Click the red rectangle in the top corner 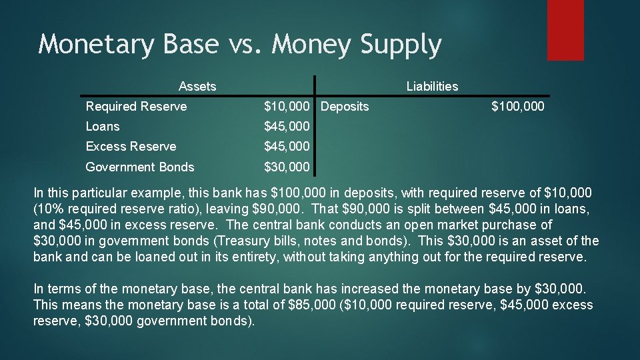point(565,29)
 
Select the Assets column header point(197,86)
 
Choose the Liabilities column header point(432,86)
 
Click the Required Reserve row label point(136,107)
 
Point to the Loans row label point(103,127)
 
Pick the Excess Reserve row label point(131,147)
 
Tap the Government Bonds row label point(140,167)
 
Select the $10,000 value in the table point(287,107)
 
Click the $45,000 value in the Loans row point(287,127)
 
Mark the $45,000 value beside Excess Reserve point(287,147)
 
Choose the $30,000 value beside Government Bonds point(287,167)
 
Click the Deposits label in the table point(345,107)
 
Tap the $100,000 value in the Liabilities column point(517,107)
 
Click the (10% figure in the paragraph point(48,209)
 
